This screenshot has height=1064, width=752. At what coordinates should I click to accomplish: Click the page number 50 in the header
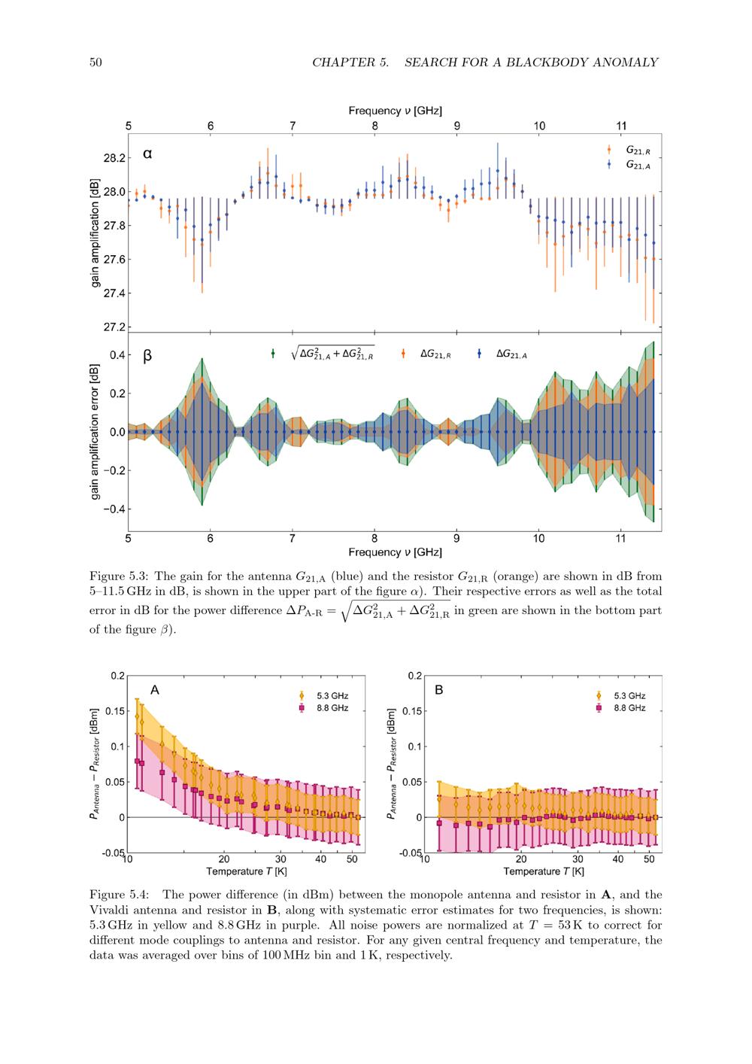(96, 62)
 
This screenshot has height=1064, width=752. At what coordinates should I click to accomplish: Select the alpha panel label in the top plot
(147, 154)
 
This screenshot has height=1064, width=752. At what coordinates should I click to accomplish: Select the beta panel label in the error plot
(147, 355)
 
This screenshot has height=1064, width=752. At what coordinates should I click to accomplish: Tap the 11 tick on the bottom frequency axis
(621, 539)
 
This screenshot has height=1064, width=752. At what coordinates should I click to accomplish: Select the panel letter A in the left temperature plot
(154, 689)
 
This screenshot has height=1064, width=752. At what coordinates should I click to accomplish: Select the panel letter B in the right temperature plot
(439, 689)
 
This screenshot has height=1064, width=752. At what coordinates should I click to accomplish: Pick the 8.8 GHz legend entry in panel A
(327, 708)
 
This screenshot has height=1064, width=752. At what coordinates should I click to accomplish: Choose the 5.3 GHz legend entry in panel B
(624, 696)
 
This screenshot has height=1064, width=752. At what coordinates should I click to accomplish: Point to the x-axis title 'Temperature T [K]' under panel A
(247, 872)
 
